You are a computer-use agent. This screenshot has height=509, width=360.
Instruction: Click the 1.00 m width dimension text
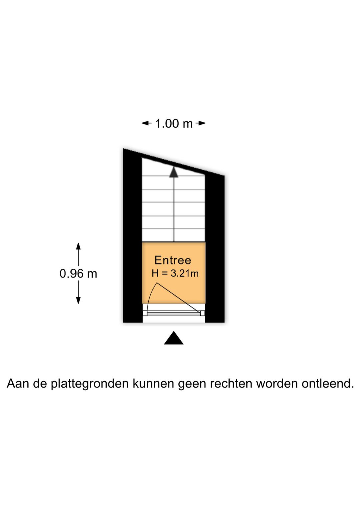click(174, 124)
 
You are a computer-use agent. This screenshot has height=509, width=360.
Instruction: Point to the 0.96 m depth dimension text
click(78, 274)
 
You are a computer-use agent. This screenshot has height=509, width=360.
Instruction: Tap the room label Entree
click(173, 260)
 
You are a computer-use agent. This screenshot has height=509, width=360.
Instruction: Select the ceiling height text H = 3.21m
click(175, 274)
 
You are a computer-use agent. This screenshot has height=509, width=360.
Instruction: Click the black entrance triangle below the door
click(174, 338)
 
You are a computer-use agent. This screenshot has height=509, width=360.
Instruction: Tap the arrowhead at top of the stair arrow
click(174, 172)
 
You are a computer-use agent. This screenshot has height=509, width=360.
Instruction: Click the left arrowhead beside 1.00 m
click(146, 123)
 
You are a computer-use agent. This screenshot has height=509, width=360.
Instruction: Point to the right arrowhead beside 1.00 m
click(201, 123)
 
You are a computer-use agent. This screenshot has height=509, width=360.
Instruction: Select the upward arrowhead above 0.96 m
click(78, 246)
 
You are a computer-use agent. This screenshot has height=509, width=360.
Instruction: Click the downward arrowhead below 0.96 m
click(78, 300)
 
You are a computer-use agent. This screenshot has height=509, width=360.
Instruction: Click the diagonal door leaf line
click(179, 298)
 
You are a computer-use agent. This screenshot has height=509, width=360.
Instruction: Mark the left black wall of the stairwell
click(133, 236)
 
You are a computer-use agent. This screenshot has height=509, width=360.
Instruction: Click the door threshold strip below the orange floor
click(174, 313)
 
